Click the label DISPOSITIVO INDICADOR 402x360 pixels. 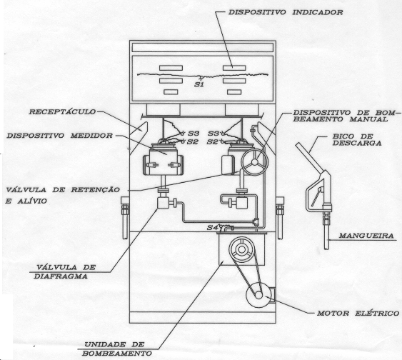coord(286,12)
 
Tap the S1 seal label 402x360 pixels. coord(199,84)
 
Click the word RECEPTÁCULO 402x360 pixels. coord(62,112)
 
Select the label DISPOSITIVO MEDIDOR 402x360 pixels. coord(59,136)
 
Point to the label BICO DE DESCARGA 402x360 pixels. coord(357,140)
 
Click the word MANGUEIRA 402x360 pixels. coord(366,236)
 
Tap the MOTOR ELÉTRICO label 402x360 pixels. coord(358,313)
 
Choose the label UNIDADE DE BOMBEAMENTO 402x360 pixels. coord(117,349)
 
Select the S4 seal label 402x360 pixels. coord(212,227)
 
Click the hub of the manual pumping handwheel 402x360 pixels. coord(255,162)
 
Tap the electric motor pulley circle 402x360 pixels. coord(258,295)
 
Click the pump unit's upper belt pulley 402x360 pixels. coord(242,249)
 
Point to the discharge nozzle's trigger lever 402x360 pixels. coord(316,197)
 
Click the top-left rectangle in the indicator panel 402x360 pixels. coord(171,68)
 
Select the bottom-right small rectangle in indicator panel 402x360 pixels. coord(234,92)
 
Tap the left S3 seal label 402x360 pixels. coord(194,134)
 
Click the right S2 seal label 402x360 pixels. coord(212,142)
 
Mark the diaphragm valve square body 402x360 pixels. coord(163,203)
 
